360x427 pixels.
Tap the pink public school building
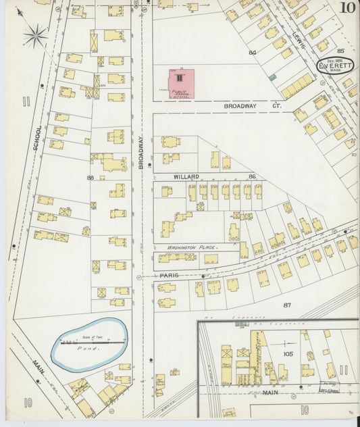click(x=181, y=82)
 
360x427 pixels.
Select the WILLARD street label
click(x=186, y=176)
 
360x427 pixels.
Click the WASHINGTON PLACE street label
click(x=178, y=247)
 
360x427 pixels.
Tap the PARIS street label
click(x=169, y=276)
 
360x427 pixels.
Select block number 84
click(x=253, y=52)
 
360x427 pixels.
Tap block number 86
click(x=252, y=176)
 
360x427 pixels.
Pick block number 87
click(x=287, y=305)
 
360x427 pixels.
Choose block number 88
click(x=91, y=178)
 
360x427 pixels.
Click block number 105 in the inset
click(x=288, y=353)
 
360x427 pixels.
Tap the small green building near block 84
click(x=272, y=78)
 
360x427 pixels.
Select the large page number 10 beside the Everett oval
click(x=348, y=8)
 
